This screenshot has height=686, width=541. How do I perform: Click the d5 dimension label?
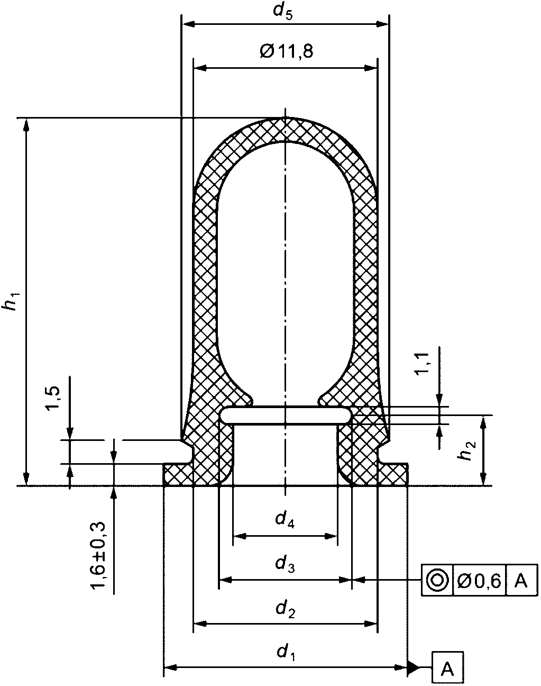click(282, 12)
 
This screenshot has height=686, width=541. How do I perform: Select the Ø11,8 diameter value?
click(287, 51)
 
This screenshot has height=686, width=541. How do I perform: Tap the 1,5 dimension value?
click(52, 398)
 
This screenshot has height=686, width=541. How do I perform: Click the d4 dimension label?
click(285, 520)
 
